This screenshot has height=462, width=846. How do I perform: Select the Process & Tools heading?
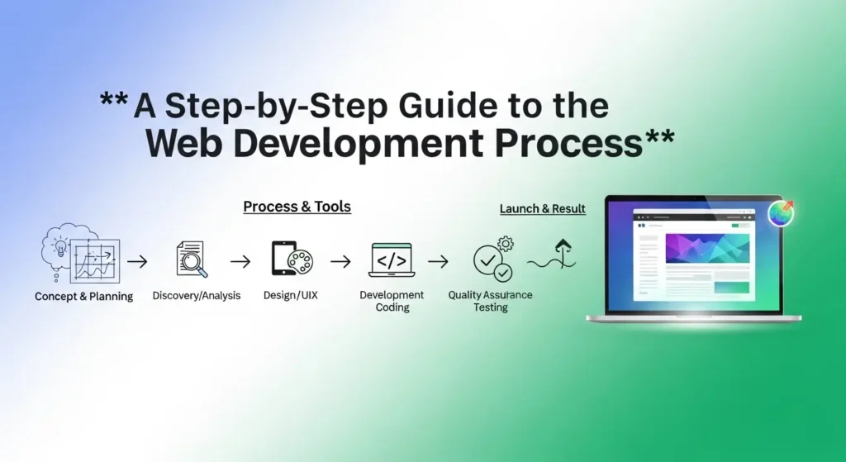click(x=297, y=207)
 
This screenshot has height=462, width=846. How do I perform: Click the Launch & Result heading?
click(x=543, y=209)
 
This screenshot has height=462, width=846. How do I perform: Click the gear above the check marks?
click(x=506, y=244)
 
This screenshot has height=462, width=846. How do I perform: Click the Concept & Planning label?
click(x=83, y=297)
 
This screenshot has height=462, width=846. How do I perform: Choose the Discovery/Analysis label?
click(x=197, y=295)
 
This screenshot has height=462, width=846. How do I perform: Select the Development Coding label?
click(x=392, y=301)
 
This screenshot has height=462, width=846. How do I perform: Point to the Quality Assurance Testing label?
click(x=490, y=301)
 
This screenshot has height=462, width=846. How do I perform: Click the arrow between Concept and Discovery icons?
click(x=139, y=262)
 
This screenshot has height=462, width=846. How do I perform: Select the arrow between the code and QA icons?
click(x=439, y=262)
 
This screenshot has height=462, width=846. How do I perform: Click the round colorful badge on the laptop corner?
click(x=780, y=212)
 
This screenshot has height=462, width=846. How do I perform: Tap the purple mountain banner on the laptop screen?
click(x=707, y=249)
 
